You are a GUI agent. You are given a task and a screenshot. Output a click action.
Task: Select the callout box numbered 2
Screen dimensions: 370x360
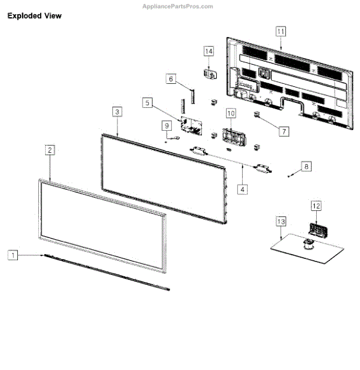[x=49, y=150]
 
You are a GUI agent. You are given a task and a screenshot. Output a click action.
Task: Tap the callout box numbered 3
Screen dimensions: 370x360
[x=117, y=112]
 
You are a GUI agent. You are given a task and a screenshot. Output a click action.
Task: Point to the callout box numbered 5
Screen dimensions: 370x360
[x=147, y=102]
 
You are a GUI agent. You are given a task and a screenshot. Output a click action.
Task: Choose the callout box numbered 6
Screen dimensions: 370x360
[x=171, y=79]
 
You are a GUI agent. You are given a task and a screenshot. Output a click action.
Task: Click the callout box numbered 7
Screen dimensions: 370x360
[x=283, y=131]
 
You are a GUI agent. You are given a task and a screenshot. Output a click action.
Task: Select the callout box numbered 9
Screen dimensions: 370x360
[x=167, y=126]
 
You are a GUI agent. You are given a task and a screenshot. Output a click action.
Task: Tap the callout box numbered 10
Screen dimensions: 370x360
[x=230, y=113]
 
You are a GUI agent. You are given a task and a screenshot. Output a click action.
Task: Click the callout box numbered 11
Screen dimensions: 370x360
[x=281, y=31]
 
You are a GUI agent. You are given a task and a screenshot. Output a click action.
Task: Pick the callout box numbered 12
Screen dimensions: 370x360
[x=316, y=207]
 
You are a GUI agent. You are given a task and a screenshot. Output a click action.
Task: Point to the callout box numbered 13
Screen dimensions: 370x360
[x=281, y=221]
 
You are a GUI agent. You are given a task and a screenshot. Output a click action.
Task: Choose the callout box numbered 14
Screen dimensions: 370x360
[x=209, y=51]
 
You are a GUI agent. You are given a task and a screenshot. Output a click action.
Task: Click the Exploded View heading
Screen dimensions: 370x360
[x=35, y=16]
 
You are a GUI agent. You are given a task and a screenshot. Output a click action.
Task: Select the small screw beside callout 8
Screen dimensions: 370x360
[x=290, y=176]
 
